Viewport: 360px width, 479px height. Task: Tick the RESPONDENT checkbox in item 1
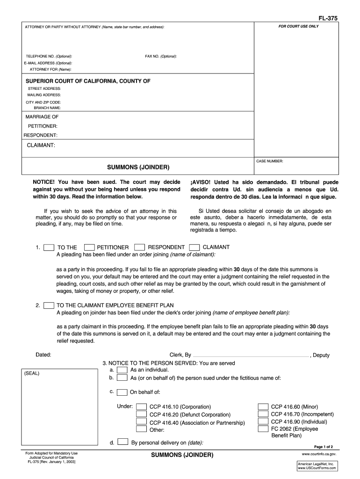[x=139, y=247]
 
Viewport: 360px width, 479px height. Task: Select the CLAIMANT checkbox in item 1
[x=195, y=247]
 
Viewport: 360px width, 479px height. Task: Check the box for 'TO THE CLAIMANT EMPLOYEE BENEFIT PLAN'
[x=48, y=305]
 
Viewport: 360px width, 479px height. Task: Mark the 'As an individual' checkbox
[x=122, y=370]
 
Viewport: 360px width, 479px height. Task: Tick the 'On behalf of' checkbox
[x=122, y=392]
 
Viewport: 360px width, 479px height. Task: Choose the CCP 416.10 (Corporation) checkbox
[x=141, y=406]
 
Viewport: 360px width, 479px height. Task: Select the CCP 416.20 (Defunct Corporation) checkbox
[x=141, y=414]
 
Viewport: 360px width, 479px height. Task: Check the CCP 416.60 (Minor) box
[x=263, y=406]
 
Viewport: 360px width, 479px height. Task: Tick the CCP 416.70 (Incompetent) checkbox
[x=263, y=414]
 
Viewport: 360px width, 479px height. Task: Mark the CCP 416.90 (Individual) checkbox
[x=263, y=421]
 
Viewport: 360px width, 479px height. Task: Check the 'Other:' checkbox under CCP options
[x=141, y=429]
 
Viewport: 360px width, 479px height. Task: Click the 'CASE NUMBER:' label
[x=270, y=161]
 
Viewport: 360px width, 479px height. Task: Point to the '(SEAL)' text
[x=33, y=373]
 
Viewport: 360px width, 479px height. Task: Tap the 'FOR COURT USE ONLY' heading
[x=298, y=26]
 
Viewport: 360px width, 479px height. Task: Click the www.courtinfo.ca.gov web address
[x=320, y=454]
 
